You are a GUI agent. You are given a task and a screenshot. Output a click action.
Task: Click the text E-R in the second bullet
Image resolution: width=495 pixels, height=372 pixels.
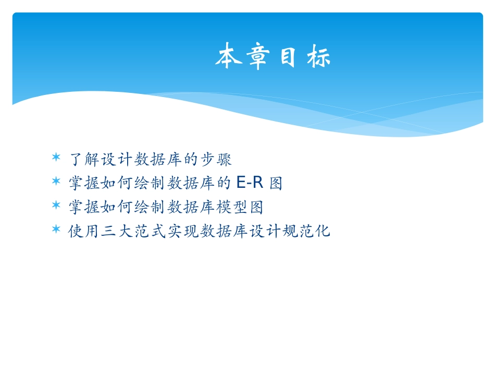click(250, 183)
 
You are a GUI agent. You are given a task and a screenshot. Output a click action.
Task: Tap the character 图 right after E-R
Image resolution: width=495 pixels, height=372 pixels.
click(276, 183)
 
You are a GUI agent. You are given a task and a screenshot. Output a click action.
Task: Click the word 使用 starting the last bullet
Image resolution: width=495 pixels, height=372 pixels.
click(84, 231)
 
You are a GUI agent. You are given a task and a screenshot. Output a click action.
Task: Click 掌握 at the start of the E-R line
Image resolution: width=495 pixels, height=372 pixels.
click(84, 183)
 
